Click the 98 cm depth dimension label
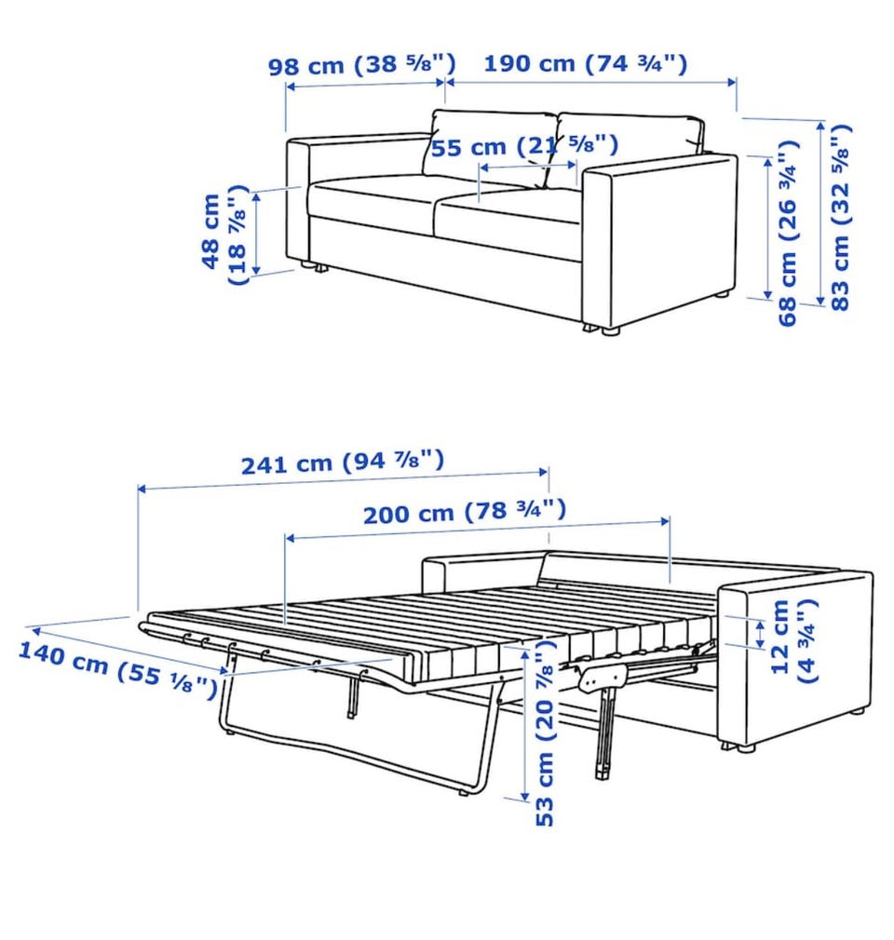[x=362, y=64]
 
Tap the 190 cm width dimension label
[x=586, y=63]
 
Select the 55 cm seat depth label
[x=524, y=146]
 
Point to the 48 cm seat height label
[x=224, y=234]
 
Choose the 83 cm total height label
[x=840, y=217]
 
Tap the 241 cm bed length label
[x=343, y=462]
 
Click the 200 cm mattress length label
[x=465, y=512]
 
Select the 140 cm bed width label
[x=118, y=669]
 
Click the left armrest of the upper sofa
[x=298, y=201]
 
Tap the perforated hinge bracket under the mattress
[x=603, y=676]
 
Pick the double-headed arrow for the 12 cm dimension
[x=760, y=634]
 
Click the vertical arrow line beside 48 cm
[x=256, y=234]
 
